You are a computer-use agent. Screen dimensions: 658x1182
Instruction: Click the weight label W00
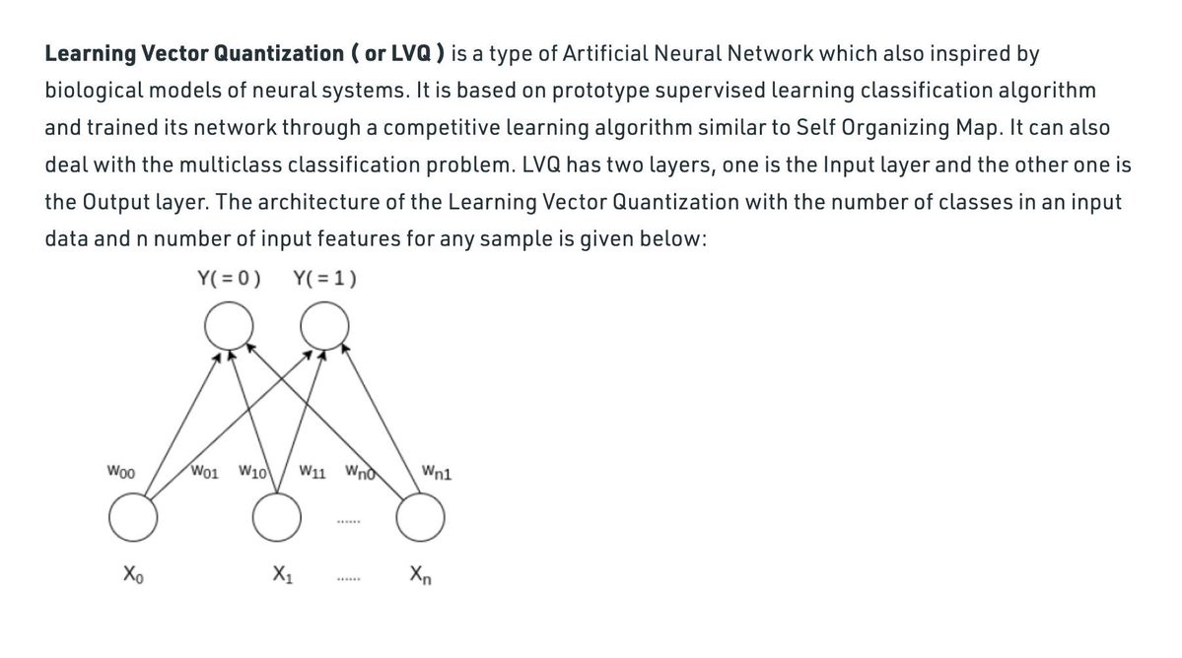(x=122, y=472)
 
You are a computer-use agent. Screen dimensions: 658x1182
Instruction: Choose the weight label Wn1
(x=437, y=472)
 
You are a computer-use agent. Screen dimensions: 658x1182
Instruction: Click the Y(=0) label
(x=229, y=278)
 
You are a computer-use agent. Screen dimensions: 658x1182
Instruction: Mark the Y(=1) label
(x=325, y=278)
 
